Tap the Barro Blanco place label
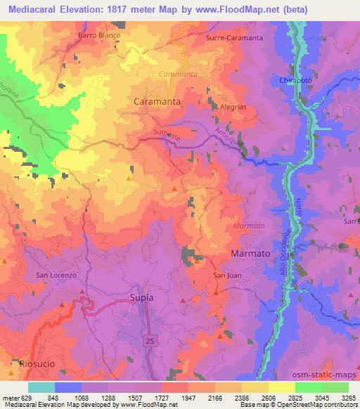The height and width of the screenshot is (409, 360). (x=99, y=34)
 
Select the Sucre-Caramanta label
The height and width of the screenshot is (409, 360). (x=233, y=38)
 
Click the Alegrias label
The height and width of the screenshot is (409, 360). (x=233, y=107)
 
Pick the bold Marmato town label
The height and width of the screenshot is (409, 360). (x=251, y=252)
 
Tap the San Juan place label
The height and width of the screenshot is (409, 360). (x=227, y=275)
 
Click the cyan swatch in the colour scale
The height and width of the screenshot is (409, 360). (x=41, y=387)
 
